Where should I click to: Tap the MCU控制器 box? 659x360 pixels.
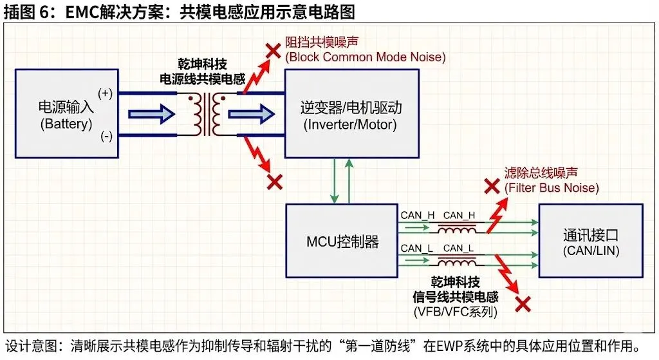341,242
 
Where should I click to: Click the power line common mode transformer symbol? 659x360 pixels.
207,115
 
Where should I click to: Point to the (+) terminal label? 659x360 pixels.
105,93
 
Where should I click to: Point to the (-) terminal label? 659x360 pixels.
105,137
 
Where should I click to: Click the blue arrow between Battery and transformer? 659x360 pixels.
152,114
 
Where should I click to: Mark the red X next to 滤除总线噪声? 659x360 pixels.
492,187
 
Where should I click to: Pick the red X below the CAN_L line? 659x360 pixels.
523,303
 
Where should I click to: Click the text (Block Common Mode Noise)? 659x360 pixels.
366,57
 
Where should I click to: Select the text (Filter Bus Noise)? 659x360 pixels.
552,188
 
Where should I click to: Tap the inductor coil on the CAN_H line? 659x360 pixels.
458,228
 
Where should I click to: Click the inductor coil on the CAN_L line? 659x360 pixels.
458,260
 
